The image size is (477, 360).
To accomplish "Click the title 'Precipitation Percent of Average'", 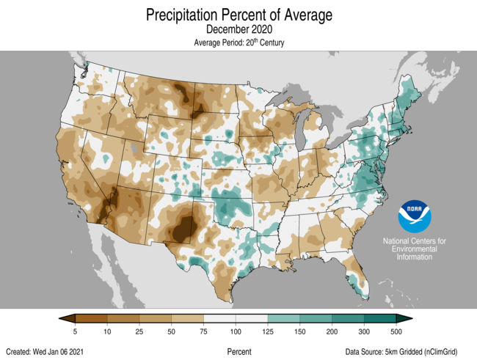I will [x=238, y=15].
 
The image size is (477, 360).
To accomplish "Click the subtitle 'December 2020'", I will [x=238, y=30].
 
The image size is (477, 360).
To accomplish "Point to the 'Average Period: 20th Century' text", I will [x=238, y=43].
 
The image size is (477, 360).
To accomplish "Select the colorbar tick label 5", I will [x=76, y=332].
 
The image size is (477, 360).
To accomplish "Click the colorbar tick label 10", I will [x=108, y=332].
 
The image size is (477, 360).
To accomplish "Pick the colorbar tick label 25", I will [x=139, y=332].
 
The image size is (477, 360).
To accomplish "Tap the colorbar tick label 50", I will [x=172, y=332].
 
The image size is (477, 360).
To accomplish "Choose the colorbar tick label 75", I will [x=204, y=332].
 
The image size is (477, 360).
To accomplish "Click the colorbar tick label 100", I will [x=236, y=332].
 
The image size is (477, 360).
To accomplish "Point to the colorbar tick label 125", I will [x=268, y=332].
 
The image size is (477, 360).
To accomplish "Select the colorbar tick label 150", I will [x=300, y=332].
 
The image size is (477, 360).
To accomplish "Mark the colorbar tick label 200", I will [x=332, y=332].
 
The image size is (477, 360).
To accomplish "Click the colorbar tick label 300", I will [x=365, y=332].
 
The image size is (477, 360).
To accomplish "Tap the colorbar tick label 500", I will [x=396, y=332].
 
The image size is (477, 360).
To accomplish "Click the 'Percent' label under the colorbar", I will [x=238, y=352].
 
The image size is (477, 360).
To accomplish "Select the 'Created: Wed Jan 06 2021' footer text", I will [x=51, y=352].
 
